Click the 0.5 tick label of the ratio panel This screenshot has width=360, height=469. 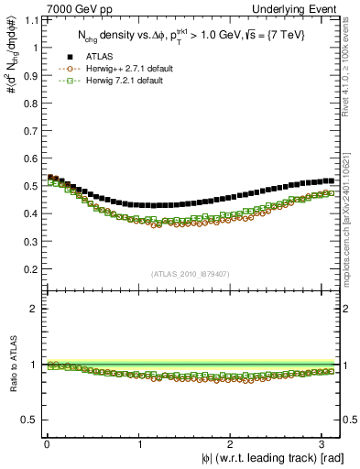(29, 420)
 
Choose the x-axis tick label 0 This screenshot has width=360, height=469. (46, 444)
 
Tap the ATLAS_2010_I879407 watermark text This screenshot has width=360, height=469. (190, 273)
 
